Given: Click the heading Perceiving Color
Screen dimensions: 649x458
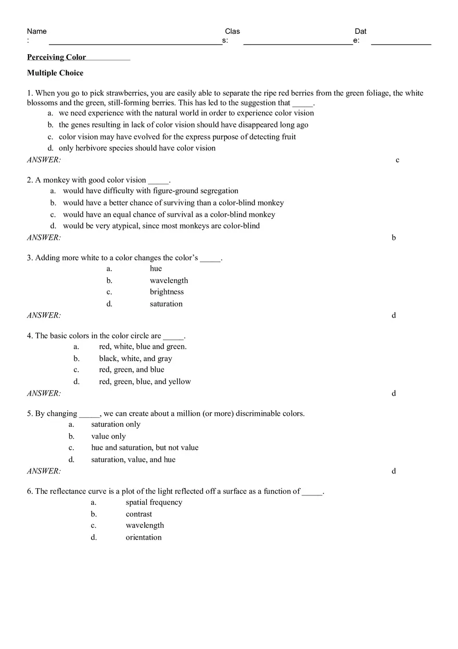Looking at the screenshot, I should point(56,57).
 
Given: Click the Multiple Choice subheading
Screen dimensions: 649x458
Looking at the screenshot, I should point(55,73).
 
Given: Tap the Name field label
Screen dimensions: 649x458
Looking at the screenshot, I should point(36,31).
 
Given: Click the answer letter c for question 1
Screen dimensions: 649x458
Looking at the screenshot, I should point(398,160).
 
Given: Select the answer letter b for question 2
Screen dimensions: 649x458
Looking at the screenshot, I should point(393,238).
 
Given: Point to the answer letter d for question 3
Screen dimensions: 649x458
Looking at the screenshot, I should point(393,315).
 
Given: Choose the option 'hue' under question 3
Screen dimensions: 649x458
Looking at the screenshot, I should point(156,269).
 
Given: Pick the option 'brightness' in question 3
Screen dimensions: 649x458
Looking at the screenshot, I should point(167,292).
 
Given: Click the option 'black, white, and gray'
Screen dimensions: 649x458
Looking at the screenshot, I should point(135,359).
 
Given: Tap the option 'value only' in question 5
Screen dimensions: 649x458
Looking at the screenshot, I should point(108,437).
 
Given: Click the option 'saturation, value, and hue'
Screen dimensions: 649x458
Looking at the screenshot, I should point(133,460).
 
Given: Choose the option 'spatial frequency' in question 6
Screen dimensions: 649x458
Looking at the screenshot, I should point(154,502).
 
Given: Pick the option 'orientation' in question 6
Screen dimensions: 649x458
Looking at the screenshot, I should point(143,538).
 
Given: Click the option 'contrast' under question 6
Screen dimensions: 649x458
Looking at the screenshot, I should point(138,514).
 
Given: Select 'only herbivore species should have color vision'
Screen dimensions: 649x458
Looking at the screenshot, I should point(137,148).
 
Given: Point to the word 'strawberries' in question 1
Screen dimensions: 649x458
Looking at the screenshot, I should point(126,93).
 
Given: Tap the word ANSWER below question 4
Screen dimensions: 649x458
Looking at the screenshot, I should point(44,393).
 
